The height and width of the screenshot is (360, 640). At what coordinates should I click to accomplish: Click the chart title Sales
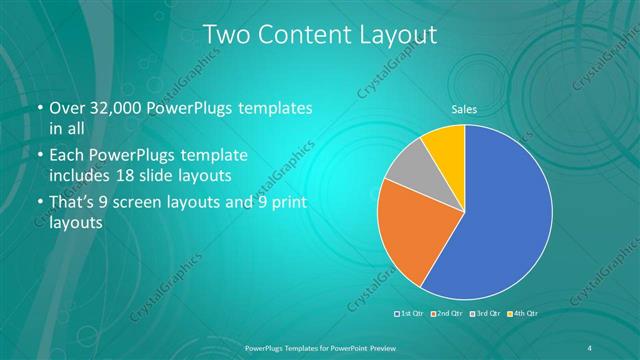[464, 109]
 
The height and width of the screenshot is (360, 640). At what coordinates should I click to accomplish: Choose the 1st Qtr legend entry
[411, 314]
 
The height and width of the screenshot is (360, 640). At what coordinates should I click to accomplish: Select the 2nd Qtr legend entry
[446, 314]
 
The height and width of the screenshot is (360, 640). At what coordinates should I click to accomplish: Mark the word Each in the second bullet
[67, 157]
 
